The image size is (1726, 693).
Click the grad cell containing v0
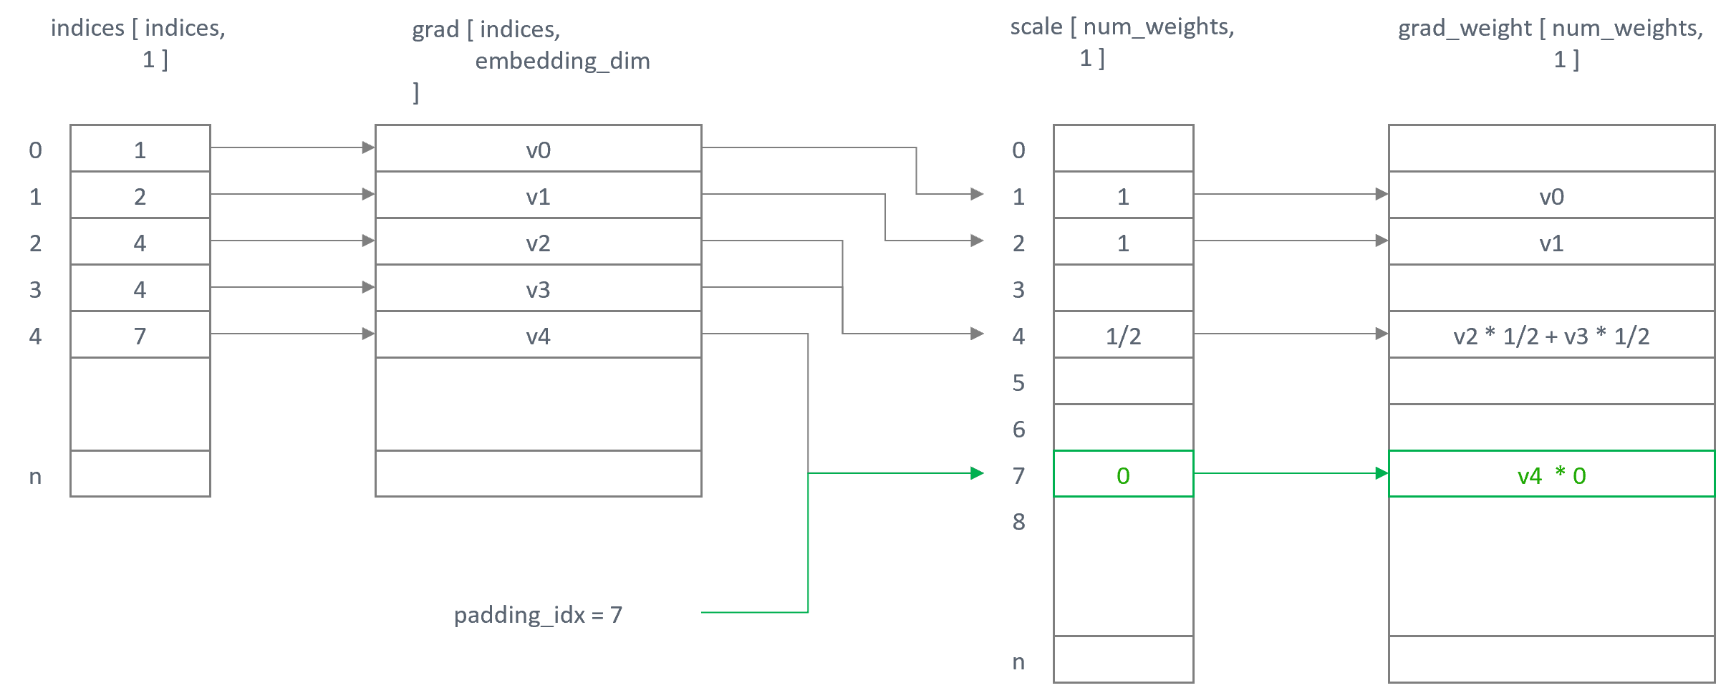(x=538, y=150)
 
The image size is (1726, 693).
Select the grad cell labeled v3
(x=538, y=289)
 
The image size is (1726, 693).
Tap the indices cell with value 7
(x=140, y=336)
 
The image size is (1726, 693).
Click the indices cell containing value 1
(x=140, y=150)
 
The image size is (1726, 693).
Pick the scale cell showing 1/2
(x=1122, y=336)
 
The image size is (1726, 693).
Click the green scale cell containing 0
(x=1122, y=475)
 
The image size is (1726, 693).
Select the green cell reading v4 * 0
(x=1551, y=475)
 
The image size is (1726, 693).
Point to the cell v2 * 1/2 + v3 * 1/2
(x=1551, y=336)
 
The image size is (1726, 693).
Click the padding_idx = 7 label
(x=538, y=614)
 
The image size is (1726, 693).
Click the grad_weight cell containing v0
(x=1551, y=196)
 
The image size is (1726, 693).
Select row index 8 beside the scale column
(x=1018, y=522)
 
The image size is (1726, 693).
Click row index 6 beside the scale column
(x=1018, y=429)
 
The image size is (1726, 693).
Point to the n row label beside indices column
(x=35, y=476)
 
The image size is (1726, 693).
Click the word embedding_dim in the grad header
(x=562, y=61)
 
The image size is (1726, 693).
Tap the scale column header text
(x=1122, y=27)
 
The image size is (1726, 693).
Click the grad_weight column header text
(x=1550, y=29)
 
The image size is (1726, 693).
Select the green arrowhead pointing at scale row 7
(x=977, y=473)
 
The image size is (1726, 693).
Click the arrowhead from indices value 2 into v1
(x=368, y=194)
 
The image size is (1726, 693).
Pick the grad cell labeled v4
(x=538, y=336)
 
